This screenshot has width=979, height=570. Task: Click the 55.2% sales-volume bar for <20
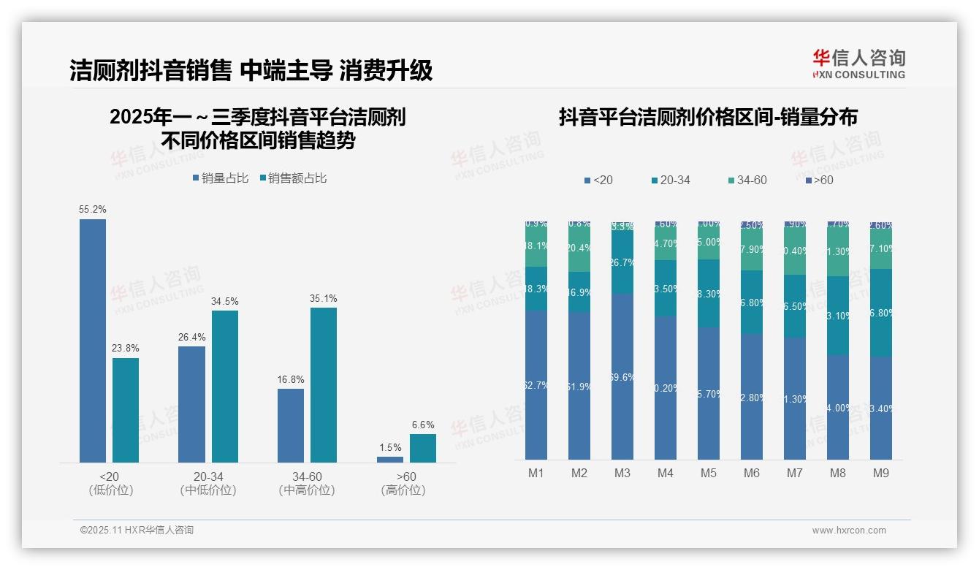(93, 341)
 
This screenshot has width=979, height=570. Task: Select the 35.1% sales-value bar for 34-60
(324, 385)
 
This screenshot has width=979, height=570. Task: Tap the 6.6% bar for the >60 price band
(422, 448)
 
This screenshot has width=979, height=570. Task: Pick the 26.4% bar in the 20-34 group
(191, 404)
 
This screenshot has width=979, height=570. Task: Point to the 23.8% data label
(126, 349)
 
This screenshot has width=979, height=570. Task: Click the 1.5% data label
(390, 447)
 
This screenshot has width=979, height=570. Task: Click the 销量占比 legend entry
(220, 178)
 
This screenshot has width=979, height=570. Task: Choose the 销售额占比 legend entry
(293, 178)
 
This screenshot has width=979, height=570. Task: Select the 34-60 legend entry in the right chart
(747, 180)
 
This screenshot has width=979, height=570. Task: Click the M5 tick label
(708, 474)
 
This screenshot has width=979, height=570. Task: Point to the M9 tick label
(881, 474)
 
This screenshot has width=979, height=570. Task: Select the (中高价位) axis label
(307, 490)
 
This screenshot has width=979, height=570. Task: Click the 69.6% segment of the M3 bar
(622, 376)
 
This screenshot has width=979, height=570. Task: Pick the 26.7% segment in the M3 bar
(622, 262)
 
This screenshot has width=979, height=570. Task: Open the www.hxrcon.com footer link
(848, 531)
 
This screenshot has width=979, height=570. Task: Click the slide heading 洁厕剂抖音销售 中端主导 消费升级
(251, 71)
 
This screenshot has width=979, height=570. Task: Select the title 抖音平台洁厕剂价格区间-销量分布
(708, 117)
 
